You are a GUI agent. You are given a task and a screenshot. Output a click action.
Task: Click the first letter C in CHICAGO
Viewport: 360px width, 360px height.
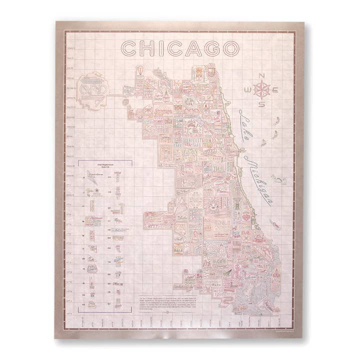point(129,48)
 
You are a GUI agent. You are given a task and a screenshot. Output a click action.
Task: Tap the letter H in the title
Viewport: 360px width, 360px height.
point(148,48)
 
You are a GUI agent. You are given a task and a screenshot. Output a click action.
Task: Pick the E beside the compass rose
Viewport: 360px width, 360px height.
point(276,89)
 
